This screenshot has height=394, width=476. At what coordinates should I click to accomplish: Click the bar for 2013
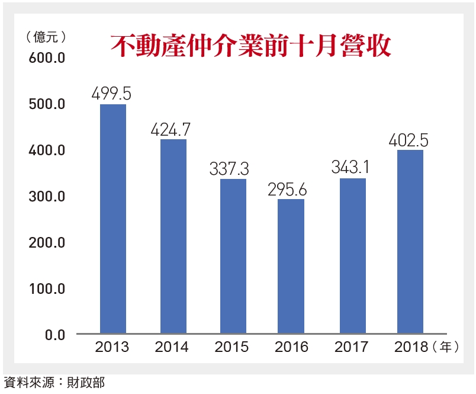[112, 219]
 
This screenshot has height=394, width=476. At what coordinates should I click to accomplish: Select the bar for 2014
[173, 237]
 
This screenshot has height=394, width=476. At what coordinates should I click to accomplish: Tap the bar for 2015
[233, 257]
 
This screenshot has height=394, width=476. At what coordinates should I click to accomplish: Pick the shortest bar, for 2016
[291, 267]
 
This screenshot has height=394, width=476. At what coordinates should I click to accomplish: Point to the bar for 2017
[352, 256]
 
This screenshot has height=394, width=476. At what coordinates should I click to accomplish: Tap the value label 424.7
[172, 129]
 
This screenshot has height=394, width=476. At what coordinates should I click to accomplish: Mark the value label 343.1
[353, 168]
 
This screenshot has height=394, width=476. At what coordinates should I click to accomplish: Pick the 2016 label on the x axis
[291, 347]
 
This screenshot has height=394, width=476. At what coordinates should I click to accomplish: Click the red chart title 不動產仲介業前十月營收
[251, 46]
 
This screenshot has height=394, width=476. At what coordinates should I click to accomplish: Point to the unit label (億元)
[45, 37]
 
